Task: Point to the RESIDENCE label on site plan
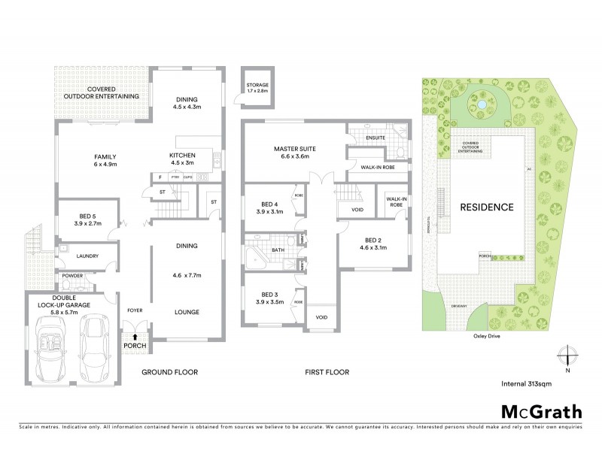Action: click(x=487, y=207)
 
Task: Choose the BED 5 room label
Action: click(x=83, y=220)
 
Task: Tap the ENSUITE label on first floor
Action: click(x=375, y=138)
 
